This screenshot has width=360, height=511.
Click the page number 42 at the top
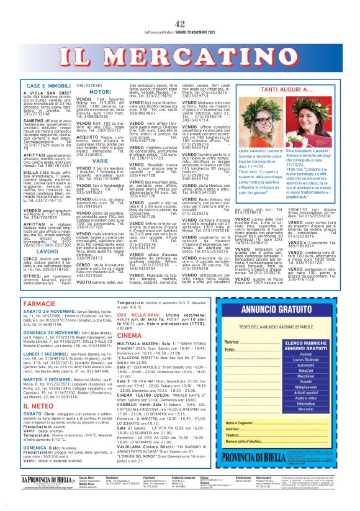tap(180, 6)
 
